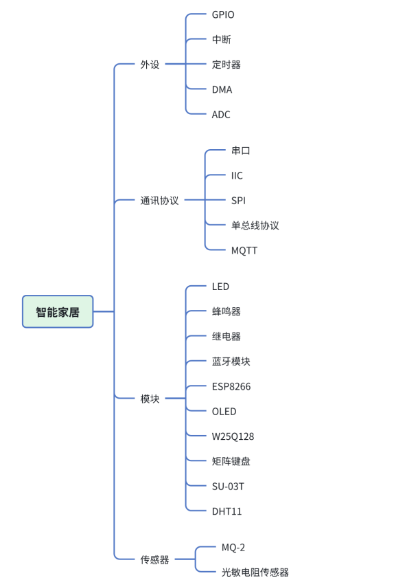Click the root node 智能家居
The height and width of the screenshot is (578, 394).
pos(58,311)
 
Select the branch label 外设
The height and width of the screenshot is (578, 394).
pos(150,65)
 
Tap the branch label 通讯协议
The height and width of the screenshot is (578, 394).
pos(159,201)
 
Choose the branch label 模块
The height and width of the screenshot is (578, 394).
pos(150,399)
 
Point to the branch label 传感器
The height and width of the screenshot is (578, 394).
pos(154,560)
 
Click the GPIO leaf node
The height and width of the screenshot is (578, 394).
pos(223,14)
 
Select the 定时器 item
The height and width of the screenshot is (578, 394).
pos(226,65)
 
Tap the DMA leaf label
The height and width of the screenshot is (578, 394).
pos(222,89)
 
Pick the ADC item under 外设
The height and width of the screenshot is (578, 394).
pos(221,115)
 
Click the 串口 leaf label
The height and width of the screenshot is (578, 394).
pos(240,151)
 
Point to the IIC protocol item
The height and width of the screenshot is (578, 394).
pos(237,176)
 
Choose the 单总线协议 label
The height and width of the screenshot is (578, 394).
pos(255,225)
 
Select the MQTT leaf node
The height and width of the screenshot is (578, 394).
pos(244,251)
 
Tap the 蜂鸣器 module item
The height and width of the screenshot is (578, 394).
pos(226,311)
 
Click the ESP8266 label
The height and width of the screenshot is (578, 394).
pos(231,386)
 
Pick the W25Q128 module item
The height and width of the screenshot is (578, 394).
pos(233,436)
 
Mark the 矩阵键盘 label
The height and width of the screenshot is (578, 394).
pos(231,461)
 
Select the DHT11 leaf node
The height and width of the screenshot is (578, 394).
pos(227,511)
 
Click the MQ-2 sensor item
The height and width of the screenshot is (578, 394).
pos(233,548)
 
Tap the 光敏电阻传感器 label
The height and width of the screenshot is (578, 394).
pos(255,573)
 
